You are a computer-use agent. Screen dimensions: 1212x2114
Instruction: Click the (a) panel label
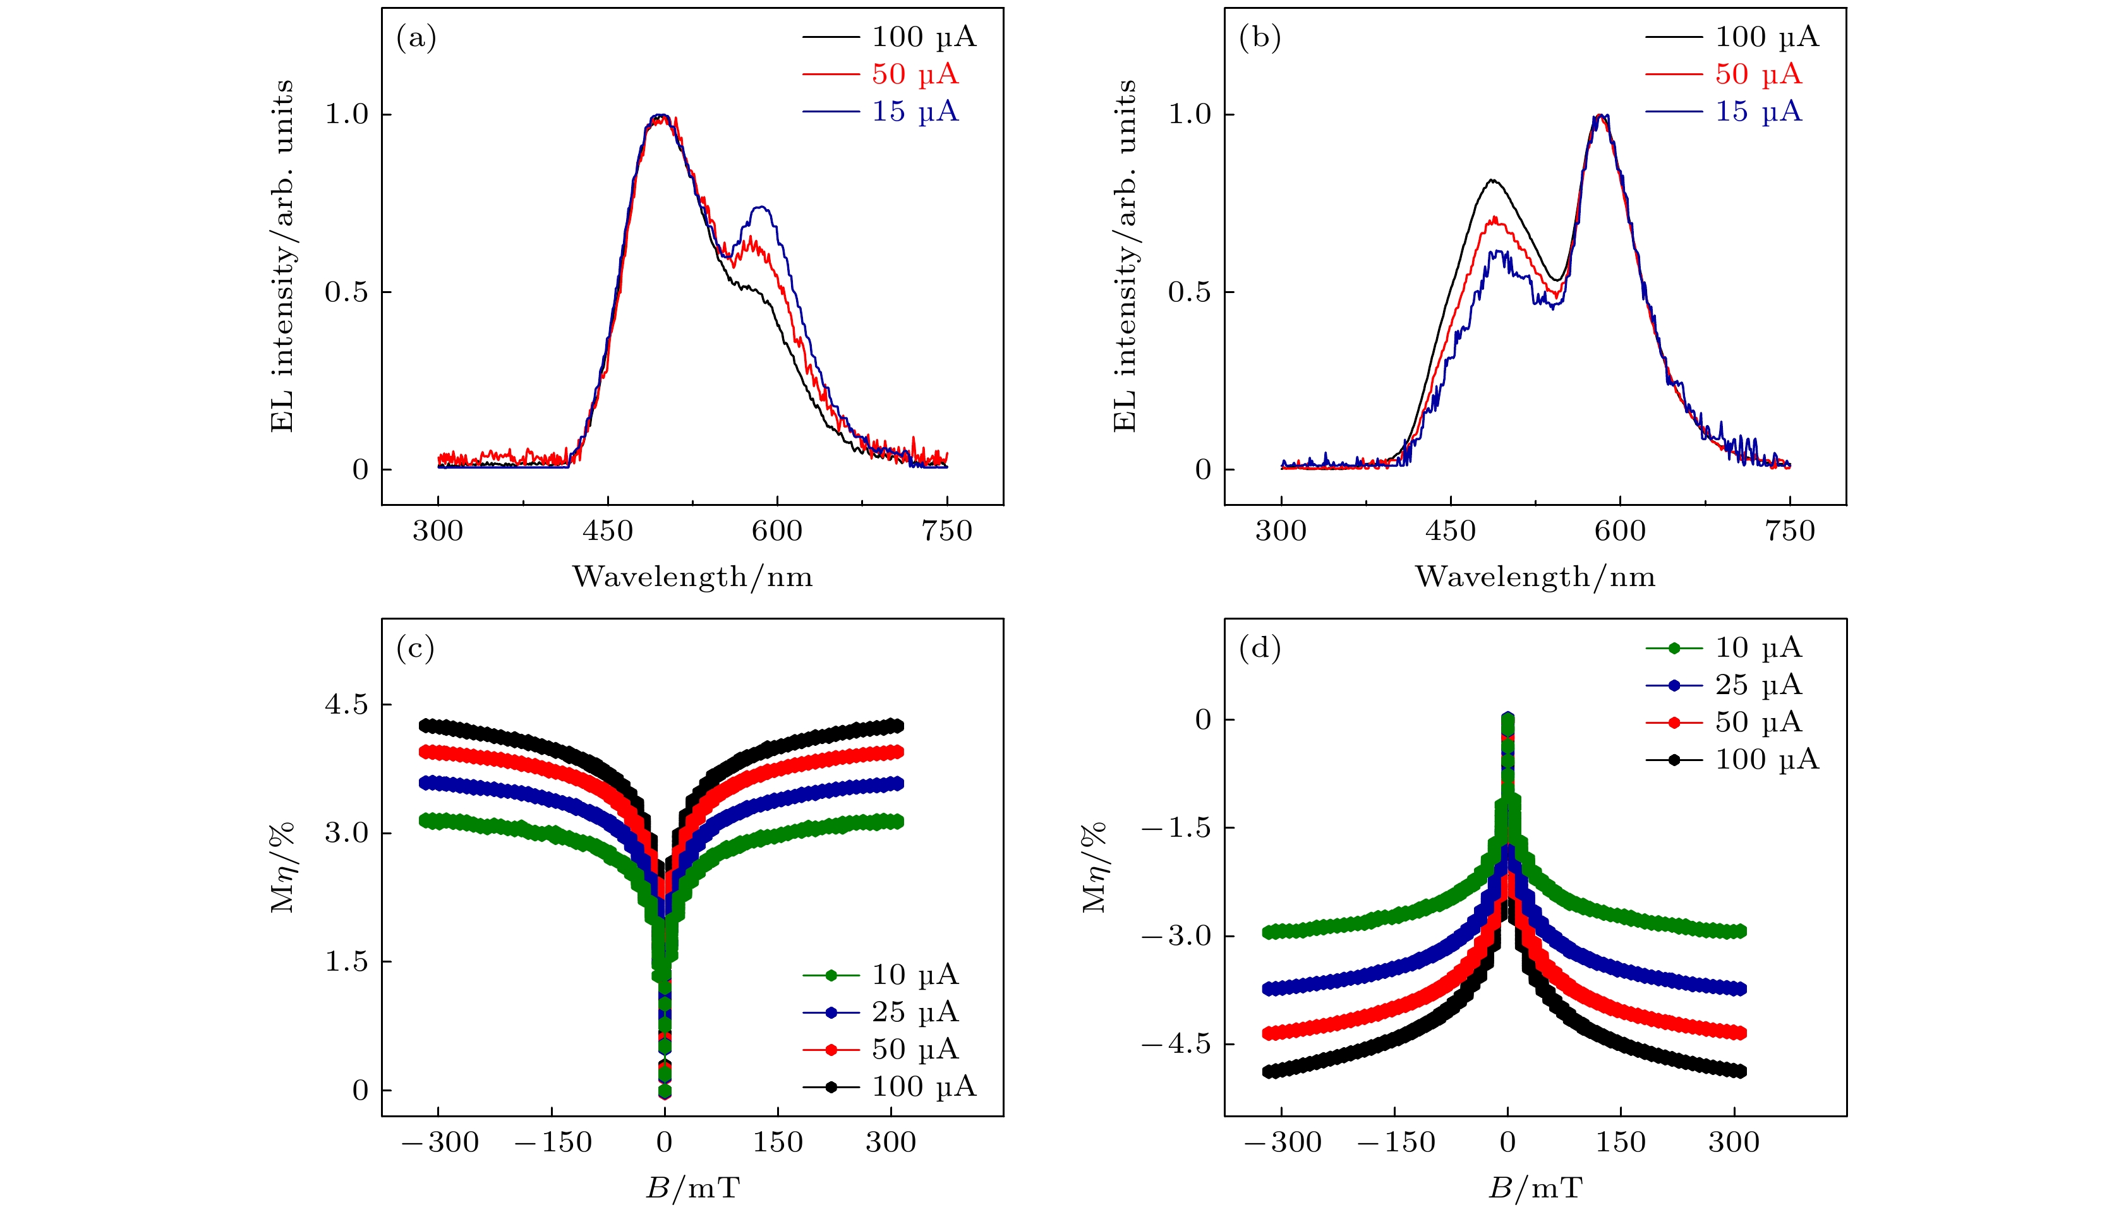click(x=416, y=39)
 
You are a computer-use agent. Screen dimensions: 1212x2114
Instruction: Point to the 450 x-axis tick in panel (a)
click(x=608, y=531)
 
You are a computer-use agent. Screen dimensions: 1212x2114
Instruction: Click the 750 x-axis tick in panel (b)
click(x=1789, y=531)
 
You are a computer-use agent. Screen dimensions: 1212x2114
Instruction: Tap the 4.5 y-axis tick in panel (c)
click(x=346, y=705)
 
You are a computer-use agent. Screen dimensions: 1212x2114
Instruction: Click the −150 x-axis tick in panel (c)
click(x=553, y=1142)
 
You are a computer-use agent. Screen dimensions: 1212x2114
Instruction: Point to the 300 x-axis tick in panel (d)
click(x=1734, y=1142)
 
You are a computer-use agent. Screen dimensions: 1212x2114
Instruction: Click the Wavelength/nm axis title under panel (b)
click(x=1535, y=577)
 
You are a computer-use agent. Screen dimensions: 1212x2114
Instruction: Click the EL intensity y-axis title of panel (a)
click(x=283, y=256)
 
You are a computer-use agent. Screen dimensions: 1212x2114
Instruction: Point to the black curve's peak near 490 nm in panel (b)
click(x=1493, y=180)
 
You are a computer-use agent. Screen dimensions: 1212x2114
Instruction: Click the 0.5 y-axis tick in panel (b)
click(x=1190, y=292)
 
